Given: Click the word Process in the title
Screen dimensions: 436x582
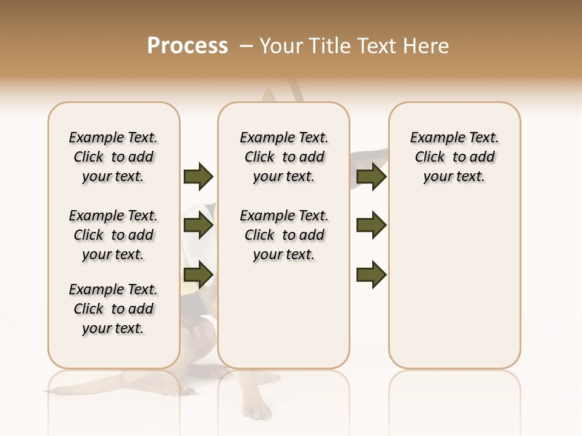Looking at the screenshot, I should click(x=187, y=45).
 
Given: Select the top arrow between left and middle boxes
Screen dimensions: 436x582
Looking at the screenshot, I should click(x=198, y=176).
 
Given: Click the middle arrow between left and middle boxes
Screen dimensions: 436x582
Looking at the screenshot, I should click(x=198, y=226).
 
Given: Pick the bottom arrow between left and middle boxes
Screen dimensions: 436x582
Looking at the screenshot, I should click(x=198, y=276).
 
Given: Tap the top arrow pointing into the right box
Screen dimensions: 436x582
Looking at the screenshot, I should click(x=371, y=176).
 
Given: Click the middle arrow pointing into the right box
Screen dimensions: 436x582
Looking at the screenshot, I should click(x=371, y=226).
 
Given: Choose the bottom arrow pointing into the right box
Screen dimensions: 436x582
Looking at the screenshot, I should click(x=371, y=276).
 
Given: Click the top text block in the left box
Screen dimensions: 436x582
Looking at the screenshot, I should click(x=113, y=157).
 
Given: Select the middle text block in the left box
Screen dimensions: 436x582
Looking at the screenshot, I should click(x=113, y=235).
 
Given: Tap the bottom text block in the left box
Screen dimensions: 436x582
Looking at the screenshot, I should click(x=113, y=309).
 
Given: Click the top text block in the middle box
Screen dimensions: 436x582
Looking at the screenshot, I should click(x=284, y=157).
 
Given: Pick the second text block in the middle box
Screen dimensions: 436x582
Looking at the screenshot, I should click(x=284, y=235).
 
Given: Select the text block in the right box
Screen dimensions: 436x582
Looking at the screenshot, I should click(x=455, y=157).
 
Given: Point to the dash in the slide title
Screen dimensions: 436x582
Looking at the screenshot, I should click(x=246, y=46).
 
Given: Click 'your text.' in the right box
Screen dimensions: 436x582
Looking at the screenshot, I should click(x=455, y=176).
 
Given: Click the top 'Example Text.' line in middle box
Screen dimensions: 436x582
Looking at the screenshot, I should click(x=284, y=138).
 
